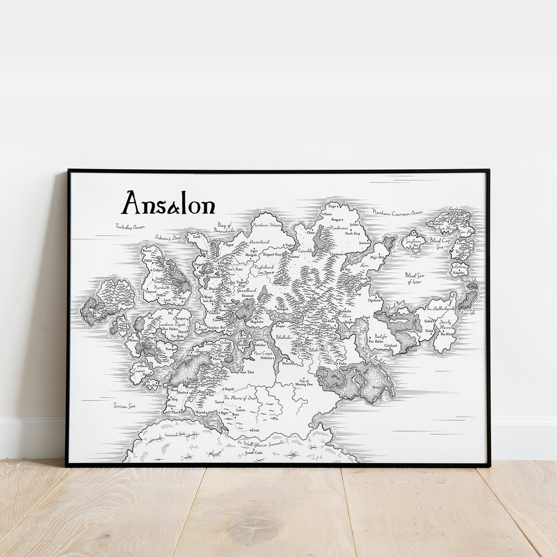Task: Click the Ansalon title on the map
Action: [168, 203]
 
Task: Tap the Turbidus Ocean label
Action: [129, 226]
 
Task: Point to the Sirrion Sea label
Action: [124, 406]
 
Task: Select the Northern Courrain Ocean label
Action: [398, 212]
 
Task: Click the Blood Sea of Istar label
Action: [414, 278]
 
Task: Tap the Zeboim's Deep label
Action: [168, 238]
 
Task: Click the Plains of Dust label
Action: [240, 398]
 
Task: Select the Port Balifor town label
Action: [376, 341]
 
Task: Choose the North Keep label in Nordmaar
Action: [353, 234]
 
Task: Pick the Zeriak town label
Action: [255, 430]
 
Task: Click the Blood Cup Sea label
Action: [440, 243]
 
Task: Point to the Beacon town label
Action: [147, 251]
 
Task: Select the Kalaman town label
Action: [294, 256]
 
